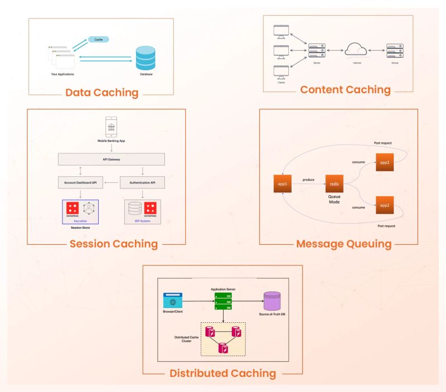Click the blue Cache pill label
tap(98, 40)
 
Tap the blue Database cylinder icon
tap(146, 57)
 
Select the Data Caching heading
tap(101, 93)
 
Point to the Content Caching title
tap(345, 89)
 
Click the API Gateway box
tap(111, 159)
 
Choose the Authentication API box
tap(143, 183)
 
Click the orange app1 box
tap(283, 183)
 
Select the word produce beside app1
tap(308, 180)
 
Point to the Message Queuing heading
tap(343, 244)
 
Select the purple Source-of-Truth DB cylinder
tap(272, 301)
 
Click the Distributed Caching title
tap(223, 372)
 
